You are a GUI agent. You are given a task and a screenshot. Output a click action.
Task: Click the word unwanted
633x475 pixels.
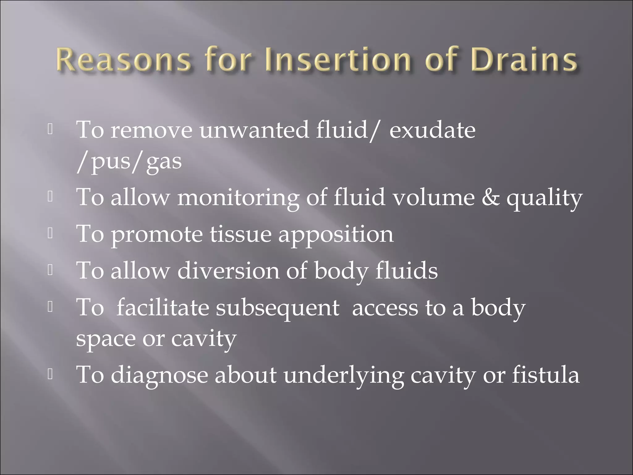point(254,130)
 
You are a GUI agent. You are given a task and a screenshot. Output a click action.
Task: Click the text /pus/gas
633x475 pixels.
point(129,161)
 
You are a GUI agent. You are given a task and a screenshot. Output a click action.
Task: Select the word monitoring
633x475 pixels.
point(238,198)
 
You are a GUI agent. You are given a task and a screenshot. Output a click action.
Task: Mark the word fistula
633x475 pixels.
point(546,375)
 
